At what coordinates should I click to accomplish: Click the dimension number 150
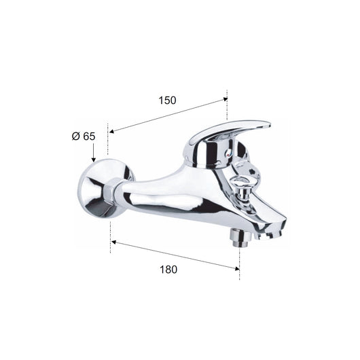click(167, 101)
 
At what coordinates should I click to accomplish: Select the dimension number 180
click(168, 269)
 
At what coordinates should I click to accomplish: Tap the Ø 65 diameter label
click(84, 137)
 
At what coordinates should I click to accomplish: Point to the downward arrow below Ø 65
click(93, 152)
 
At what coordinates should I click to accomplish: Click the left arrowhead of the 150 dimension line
click(111, 131)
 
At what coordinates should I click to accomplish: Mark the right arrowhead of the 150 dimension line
click(226, 99)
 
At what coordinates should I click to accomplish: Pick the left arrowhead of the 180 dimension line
click(113, 242)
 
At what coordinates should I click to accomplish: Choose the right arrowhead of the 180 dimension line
click(236, 268)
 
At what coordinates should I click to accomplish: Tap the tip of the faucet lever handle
click(269, 126)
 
